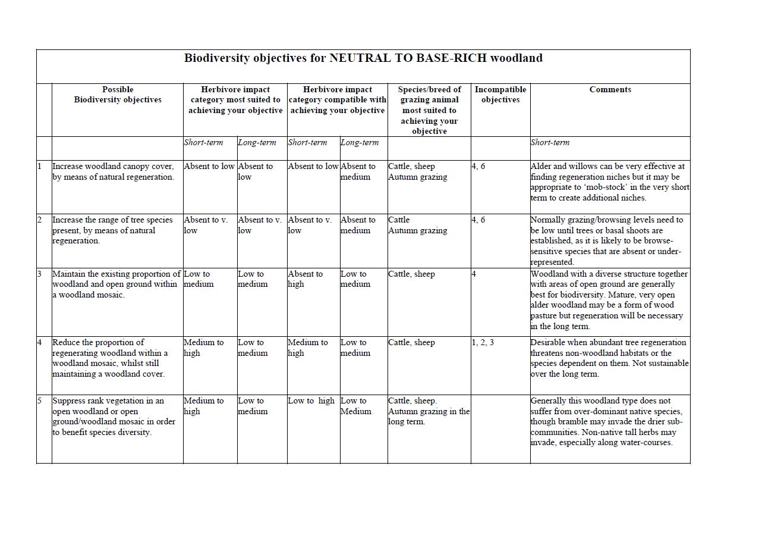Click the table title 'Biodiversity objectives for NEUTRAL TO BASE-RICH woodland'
coord(363,58)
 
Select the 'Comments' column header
coord(610,90)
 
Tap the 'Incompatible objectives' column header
coord(500,95)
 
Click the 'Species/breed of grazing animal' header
coord(429,110)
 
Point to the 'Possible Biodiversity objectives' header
coord(118,95)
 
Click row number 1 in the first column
coord(40,167)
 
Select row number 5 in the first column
coord(40,401)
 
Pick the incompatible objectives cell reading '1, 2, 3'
coord(483,343)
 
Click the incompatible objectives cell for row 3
coord(474,274)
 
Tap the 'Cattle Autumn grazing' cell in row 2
coord(417,226)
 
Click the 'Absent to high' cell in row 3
coord(305,279)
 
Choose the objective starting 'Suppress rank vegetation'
coord(114,417)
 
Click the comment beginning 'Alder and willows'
coord(609,182)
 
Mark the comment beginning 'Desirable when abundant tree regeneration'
coord(609,358)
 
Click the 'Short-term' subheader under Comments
coord(550,143)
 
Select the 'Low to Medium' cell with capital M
coord(355,406)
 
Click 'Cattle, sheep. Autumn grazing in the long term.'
coord(429,411)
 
